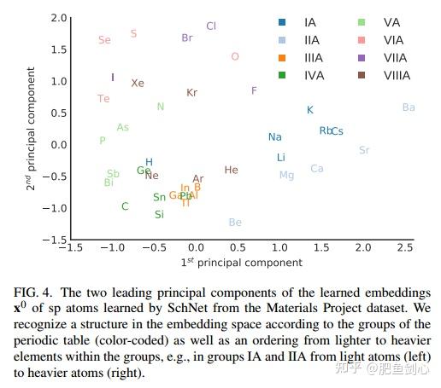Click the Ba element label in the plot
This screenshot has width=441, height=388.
point(409,107)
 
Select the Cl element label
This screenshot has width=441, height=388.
point(211,26)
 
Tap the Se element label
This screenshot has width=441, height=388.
point(104,40)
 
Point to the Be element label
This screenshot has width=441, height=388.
point(235,223)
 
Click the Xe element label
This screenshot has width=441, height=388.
point(138,84)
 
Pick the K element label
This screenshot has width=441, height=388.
point(310,110)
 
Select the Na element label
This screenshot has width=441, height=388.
point(274,137)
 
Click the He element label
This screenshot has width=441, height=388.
point(231,171)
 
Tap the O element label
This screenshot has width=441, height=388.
point(235,57)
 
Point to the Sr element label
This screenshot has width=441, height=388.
point(364,150)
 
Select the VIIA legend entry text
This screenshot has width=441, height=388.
point(396,58)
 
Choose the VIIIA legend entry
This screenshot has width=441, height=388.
point(397,76)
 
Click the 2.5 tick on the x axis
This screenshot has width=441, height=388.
point(405,248)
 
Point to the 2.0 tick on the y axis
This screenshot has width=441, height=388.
point(58,18)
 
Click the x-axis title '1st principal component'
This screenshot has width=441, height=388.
point(241,262)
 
